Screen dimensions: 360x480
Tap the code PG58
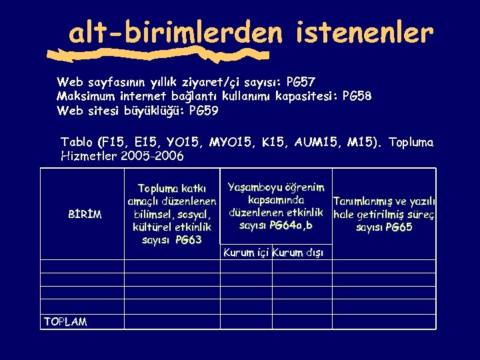pyautogui.click(x=357, y=97)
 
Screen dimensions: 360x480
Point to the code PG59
pyautogui.click(x=203, y=111)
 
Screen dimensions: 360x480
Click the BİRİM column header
pyautogui.click(x=85, y=215)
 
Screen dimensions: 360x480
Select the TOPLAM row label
pyautogui.click(x=65, y=322)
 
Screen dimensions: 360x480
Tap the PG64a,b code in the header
pyautogui.click(x=288, y=226)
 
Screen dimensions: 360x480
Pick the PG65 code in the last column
pyautogui.click(x=397, y=227)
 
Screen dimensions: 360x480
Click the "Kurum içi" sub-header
pyautogui.click(x=246, y=253)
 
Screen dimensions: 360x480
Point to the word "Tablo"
pyautogui.click(x=77, y=142)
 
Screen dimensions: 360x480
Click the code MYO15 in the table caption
pyautogui.click(x=226, y=142)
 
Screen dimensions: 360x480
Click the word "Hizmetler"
pyautogui.click(x=89, y=157)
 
